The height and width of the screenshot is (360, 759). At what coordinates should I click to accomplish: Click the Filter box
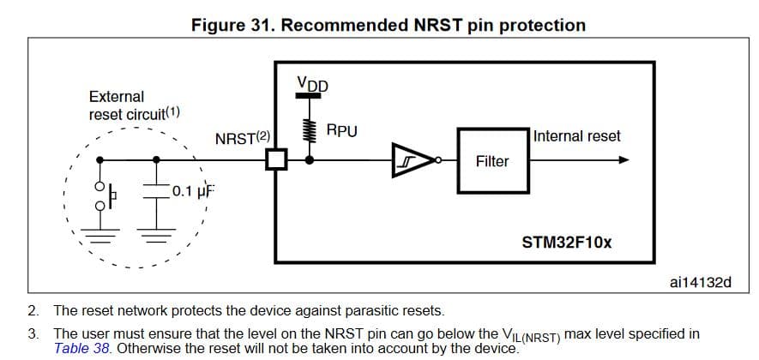pos(491,161)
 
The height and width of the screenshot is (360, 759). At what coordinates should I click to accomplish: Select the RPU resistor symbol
pos(310,129)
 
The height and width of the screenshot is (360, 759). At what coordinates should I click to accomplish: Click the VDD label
pos(311,84)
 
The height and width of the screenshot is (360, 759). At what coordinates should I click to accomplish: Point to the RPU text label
pos(342,131)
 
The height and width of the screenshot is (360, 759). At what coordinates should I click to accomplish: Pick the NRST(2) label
pos(243,139)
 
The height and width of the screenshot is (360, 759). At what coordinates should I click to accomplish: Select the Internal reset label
pos(576,136)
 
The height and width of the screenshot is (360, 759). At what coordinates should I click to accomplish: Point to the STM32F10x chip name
pos(567,242)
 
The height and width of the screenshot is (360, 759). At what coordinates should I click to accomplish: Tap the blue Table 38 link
pos(82,347)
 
